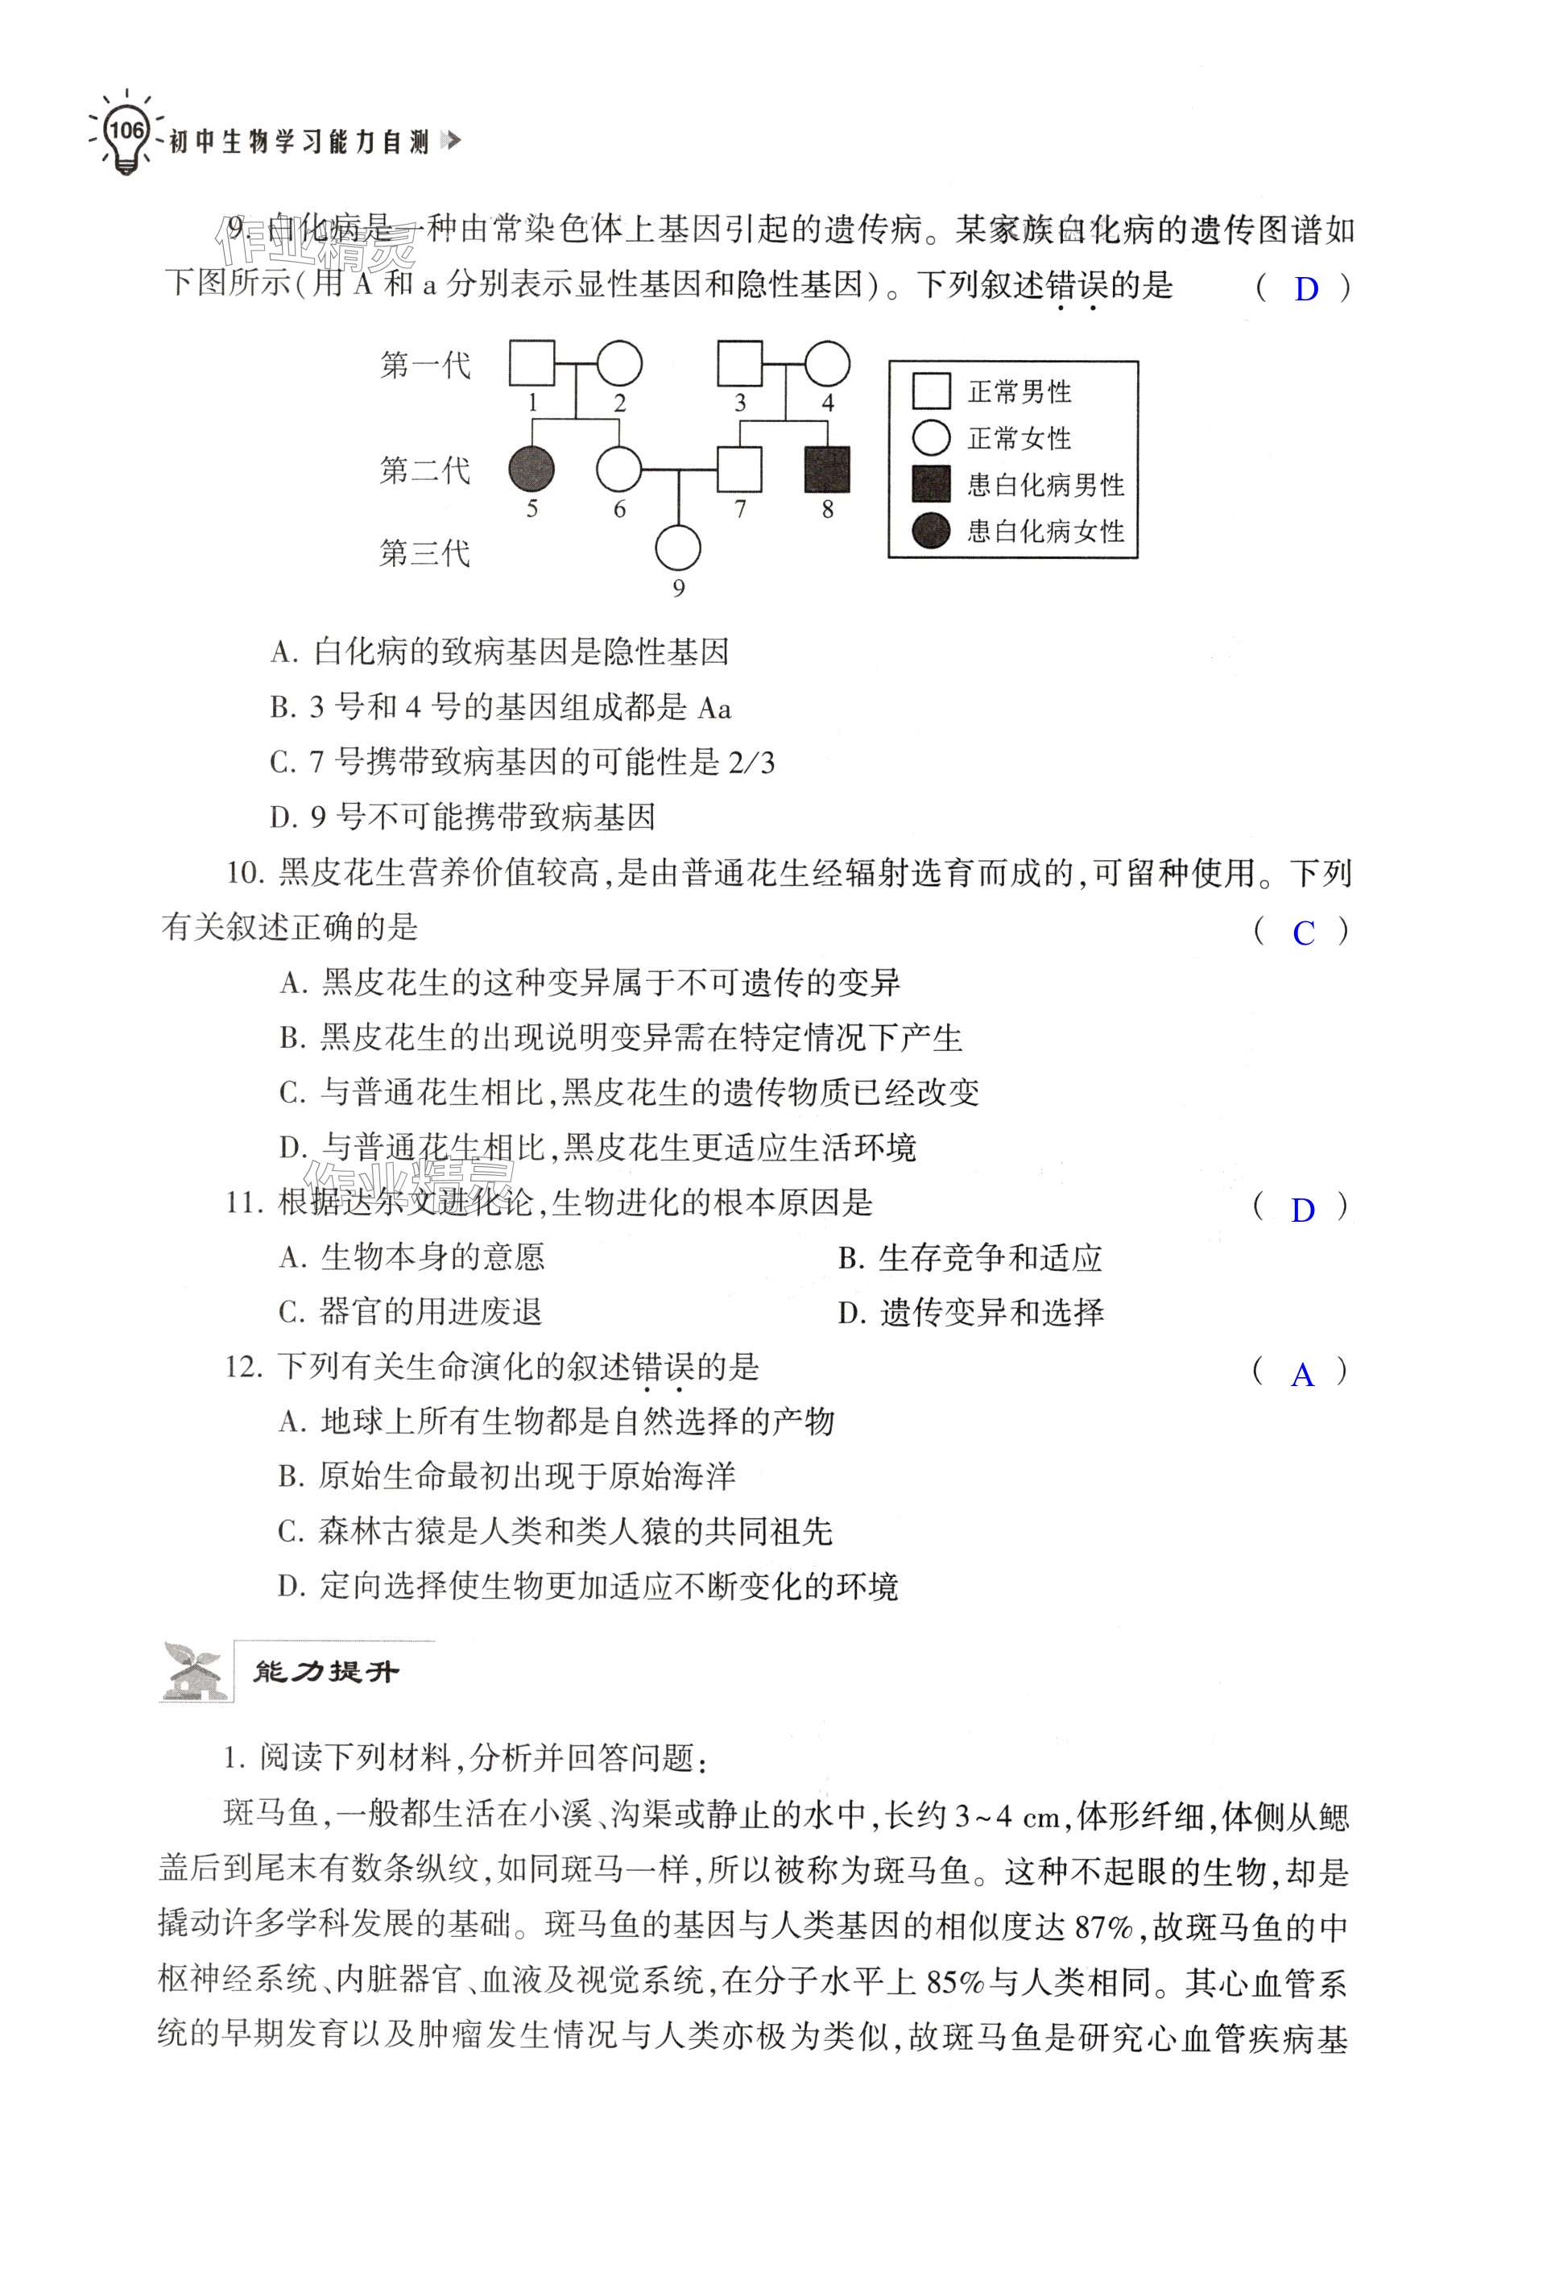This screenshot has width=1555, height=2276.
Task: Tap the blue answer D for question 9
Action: click(x=1306, y=289)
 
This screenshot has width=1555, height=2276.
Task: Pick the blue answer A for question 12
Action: click(x=1301, y=1375)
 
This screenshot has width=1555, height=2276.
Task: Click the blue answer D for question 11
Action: click(x=1302, y=1210)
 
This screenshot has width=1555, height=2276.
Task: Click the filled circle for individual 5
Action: click(x=531, y=469)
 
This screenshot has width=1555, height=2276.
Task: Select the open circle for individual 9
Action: click(x=677, y=548)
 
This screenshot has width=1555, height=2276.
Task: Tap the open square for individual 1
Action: click(x=531, y=363)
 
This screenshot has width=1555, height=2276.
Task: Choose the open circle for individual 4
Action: click(x=828, y=363)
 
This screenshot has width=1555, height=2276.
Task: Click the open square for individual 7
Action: click(x=739, y=469)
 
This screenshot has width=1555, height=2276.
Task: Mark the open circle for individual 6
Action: click(x=619, y=469)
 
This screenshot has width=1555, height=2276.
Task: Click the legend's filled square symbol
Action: click(x=930, y=484)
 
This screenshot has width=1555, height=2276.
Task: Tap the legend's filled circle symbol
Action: click(x=930, y=530)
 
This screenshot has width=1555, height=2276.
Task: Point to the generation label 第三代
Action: click(x=425, y=553)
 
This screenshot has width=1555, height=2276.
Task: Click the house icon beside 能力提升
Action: click(x=194, y=1672)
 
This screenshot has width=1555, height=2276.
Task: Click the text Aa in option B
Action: click(x=715, y=708)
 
